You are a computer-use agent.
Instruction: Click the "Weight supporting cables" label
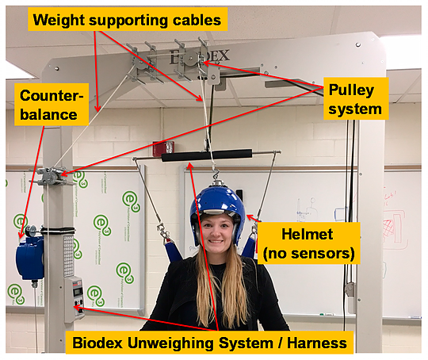pyautogui.click(x=128, y=20)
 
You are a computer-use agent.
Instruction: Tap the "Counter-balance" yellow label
pyautogui.click(x=52, y=105)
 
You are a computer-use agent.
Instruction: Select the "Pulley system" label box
pyautogui.click(x=356, y=99)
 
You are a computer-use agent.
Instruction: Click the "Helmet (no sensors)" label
pyautogui.click(x=309, y=243)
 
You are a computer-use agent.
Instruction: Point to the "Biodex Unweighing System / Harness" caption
pyautogui.click(x=209, y=343)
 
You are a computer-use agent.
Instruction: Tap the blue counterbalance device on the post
pyautogui.click(x=29, y=257)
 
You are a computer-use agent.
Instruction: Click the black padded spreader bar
pyautogui.click(x=207, y=156)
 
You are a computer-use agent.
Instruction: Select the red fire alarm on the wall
pyautogui.click(x=163, y=148)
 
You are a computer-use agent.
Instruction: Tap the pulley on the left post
pyautogui.click(x=52, y=175)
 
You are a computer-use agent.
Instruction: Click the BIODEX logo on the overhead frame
pyautogui.click(x=199, y=57)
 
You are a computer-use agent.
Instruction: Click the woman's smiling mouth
pyautogui.click(x=216, y=241)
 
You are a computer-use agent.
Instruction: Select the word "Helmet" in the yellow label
pyautogui.click(x=307, y=234)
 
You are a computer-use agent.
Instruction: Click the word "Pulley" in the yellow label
pyautogui.click(x=351, y=90)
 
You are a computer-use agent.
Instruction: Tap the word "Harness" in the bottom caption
pyautogui.click(x=317, y=343)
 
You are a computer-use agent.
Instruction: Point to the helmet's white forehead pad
pyautogui.click(x=217, y=212)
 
